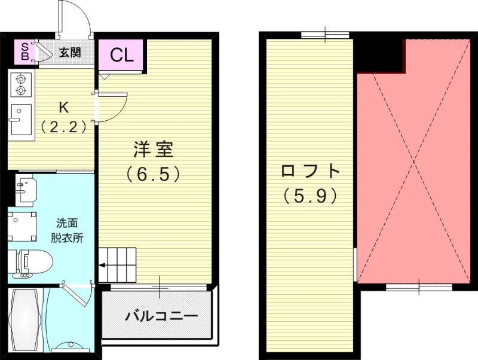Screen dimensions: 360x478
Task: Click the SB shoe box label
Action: click(24, 52)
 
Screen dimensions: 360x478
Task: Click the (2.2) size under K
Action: click(63, 127)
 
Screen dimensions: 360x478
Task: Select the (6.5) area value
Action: click(154, 175)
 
